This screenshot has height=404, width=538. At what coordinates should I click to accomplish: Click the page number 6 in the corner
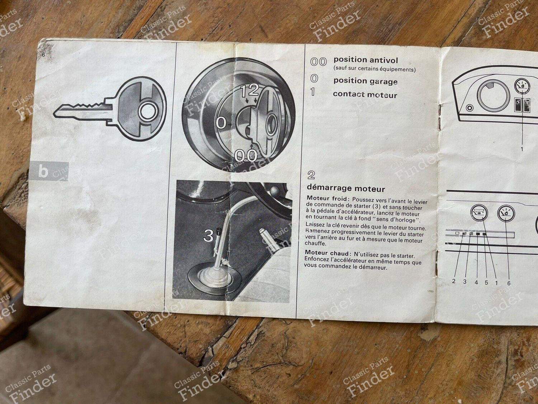(43, 55)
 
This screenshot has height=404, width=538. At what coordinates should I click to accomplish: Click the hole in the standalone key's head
(146, 113)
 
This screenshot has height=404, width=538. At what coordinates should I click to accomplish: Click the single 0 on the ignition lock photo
(221, 123)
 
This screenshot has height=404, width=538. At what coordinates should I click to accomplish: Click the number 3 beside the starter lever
(209, 236)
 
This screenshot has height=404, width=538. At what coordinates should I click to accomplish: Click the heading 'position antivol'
(366, 60)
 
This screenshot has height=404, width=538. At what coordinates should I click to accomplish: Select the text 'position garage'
(365, 81)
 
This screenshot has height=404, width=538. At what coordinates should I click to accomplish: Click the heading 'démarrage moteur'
(346, 189)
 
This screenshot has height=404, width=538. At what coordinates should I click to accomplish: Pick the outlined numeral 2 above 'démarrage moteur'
(311, 175)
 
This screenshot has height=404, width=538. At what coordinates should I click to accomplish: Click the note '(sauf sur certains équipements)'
(374, 70)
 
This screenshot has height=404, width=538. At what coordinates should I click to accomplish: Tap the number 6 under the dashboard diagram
(508, 284)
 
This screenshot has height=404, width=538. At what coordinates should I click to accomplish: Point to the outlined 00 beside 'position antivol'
(318, 62)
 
